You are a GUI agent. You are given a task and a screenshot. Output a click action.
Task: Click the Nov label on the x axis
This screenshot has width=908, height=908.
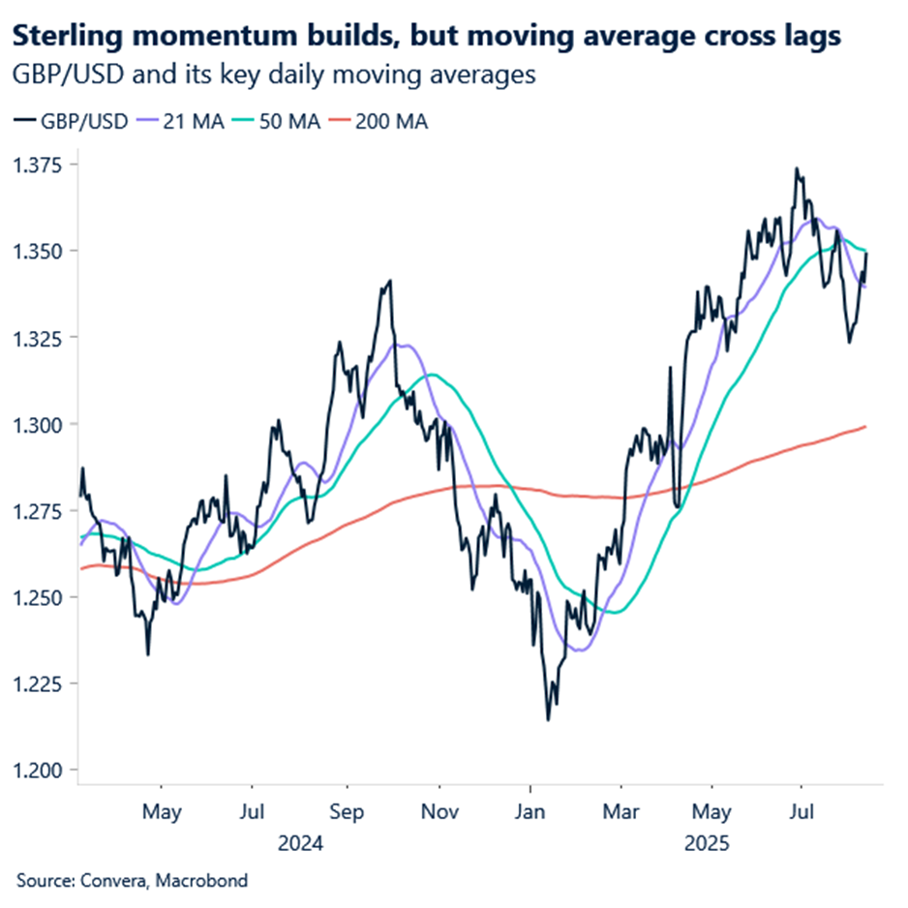tap(439, 810)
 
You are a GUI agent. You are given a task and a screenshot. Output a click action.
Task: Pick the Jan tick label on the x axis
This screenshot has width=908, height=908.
tap(529, 810)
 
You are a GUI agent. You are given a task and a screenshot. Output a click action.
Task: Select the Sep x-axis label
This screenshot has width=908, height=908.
tap(346, 810)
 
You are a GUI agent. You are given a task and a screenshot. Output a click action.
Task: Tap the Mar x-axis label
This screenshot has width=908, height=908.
tap(619, 810)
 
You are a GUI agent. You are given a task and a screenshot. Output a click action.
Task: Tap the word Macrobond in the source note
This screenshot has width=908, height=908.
tap(202, 880)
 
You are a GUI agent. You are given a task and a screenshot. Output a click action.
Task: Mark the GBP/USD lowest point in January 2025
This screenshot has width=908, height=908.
tap(548, 719)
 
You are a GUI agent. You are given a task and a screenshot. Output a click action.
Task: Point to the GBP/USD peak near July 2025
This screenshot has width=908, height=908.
tap(797, 168)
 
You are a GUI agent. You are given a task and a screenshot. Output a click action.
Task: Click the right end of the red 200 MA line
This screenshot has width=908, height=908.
tap(865, 426)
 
